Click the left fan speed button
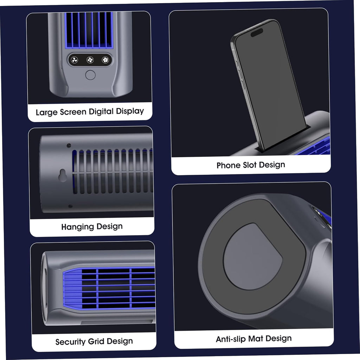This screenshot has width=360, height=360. tap(75, 60)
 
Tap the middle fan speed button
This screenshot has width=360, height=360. tap(90, 60)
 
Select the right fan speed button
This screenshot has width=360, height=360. tap(105, 60)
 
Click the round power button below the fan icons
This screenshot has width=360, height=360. tap(90, 75)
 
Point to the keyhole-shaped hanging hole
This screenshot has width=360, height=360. tap(63, 175)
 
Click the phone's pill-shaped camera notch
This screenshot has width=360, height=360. tap(257, 33)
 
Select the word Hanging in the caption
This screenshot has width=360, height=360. tap(78, 227)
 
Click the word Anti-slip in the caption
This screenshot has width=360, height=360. tap(231, 339)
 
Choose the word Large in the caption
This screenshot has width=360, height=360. tap(47, 112)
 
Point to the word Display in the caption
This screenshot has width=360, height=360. tap(130, 111)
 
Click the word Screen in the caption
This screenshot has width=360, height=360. tap(73, 112)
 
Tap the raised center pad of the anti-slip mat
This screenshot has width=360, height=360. tap(252, 256)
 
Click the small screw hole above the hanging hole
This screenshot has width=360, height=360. tap(69, 146)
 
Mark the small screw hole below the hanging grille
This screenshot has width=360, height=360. tap(70, 206)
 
